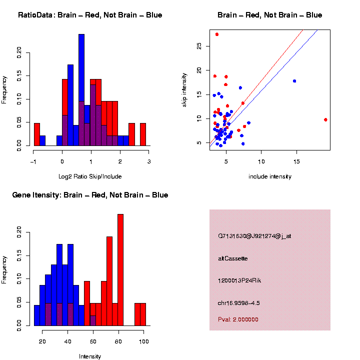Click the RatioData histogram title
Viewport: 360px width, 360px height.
(x=90, y=15)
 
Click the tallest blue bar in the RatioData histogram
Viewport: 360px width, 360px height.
(x=81, y=90)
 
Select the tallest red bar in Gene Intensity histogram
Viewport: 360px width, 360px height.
(x=120, y=270)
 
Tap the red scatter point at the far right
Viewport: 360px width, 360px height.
(x=325, y=119)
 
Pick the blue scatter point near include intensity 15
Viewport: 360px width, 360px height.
(x=294, y=81)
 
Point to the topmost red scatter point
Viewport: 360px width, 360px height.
(x=216, y=34)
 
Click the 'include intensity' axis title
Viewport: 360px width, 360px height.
(x=270, y=176)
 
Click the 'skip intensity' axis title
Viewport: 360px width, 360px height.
(x=184, y=89)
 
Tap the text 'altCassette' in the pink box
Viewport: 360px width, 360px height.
(x=233, y=258)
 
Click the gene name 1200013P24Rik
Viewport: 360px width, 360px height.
(x=239, y=280)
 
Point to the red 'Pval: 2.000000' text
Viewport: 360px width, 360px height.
(x=238, y=319)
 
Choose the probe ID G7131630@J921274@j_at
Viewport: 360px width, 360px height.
(x=254, y=236)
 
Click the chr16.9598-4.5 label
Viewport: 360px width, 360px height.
(x=239, y=303)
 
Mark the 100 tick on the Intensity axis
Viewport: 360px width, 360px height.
(x=143, y=341)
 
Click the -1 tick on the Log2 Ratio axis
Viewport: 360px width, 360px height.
(x=33, y=161)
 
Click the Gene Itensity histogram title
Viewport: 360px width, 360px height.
(x=90, y=195)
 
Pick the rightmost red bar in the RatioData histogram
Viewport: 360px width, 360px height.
(x=143, y=134)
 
